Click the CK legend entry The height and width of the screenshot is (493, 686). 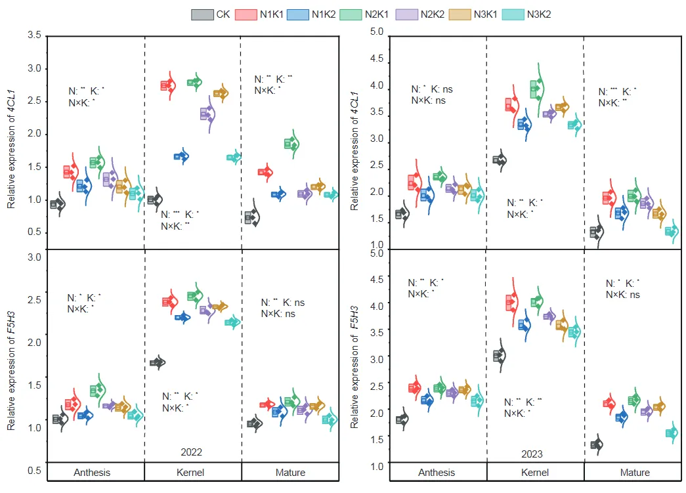pyautogui.click(x=210, y=14)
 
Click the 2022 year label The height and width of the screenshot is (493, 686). pyautogui.click(x=192, y=452)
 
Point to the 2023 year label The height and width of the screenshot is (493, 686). pyautogui.click(x=533, y=454)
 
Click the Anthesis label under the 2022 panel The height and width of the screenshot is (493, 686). pyautogui.click(x=92, y=473)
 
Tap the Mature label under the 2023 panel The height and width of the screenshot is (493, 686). pyautogui.click(x=634, y=473)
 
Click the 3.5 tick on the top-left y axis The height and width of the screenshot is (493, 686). pyautogui.click(x=34, y=35)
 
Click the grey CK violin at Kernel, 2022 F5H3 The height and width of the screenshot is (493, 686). pyautogui.click(x=158, y=362)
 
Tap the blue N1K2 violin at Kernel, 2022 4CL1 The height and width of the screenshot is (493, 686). pyautogui.click(x=181, y=156)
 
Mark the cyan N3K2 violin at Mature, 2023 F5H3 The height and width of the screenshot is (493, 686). pyautogui.click(x=671, y=433)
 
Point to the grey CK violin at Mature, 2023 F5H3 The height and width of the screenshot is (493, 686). pyautogui.click(x=597, y=444)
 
